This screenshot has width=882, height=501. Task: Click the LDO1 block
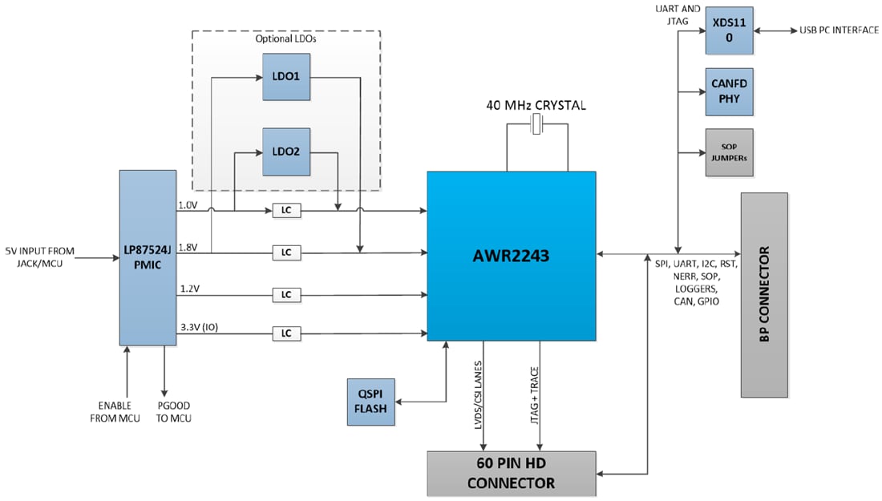[x=286, y=77]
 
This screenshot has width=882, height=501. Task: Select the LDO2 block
[x=286, y=152]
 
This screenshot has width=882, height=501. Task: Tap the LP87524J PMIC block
[x=148, y=257]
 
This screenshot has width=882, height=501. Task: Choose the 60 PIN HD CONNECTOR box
[x=511, y=472]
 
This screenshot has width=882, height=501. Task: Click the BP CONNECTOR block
[x=764, y=294]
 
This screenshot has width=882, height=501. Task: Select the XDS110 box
[x=729, y=30]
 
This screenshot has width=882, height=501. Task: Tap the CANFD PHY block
[x=729, y=91]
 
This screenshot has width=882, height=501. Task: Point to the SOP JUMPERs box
[x=729, y=152]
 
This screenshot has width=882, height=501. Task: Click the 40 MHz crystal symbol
[x=537, y=123]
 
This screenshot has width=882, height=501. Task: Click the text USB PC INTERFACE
[x=838, y=30]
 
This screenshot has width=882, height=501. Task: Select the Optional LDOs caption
[x=286, y=39]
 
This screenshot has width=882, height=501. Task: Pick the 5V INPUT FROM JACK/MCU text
[x=40, y=257]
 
